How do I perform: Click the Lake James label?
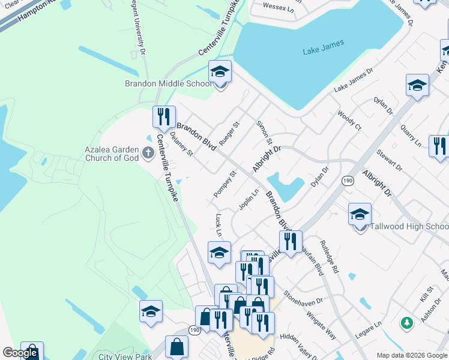324,44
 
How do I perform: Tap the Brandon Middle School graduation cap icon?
220,73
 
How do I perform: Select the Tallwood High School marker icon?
360,215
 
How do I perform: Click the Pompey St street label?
225,185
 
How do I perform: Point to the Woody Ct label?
349,120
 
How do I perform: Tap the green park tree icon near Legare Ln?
407,323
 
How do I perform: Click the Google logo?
20,353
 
